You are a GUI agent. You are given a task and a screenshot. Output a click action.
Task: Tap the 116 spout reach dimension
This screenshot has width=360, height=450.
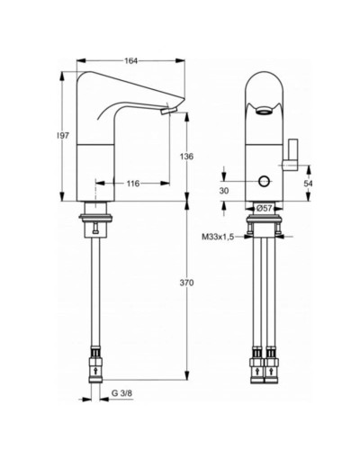131,184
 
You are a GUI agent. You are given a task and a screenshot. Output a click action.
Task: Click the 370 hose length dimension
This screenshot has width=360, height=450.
187,283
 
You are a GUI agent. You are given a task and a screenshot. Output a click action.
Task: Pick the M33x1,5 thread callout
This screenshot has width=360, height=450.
217,237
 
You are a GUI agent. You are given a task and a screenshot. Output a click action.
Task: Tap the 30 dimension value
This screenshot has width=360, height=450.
225,190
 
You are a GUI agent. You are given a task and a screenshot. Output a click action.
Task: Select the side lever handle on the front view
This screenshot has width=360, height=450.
292,156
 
